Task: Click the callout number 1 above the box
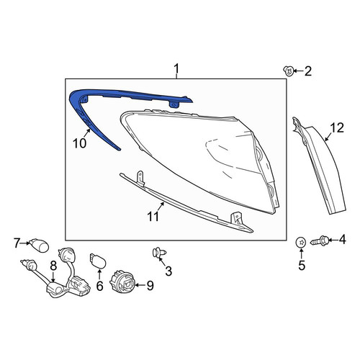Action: tap(176, 68)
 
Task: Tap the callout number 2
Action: tap(308, 71)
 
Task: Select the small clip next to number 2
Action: tap(288, 71)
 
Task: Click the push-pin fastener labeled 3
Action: tap(160, 253)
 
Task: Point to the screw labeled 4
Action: tap(320, 240)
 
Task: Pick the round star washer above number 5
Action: tap(301, 243)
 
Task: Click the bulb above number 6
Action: tap(98, 261)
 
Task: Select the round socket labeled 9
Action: tap(122, 284)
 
